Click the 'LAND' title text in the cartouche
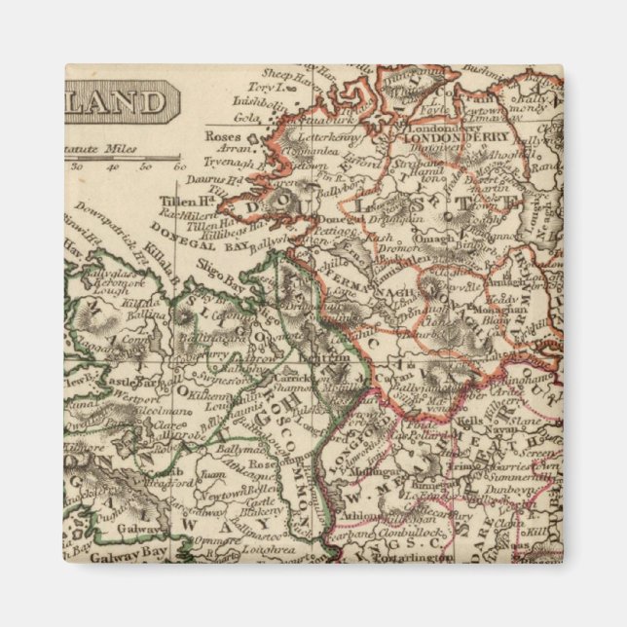(x=116, y=101)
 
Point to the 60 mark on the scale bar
(x=178, y=166)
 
